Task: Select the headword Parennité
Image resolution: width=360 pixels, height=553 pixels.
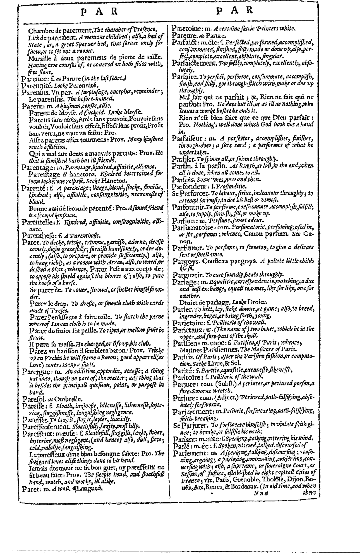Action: pyautogui.click(x=37, y=85)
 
